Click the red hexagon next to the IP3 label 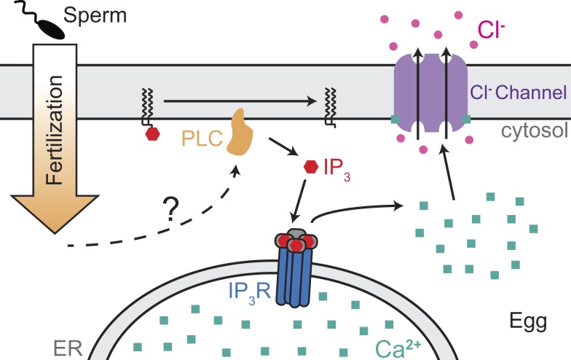pyautogui.click(x=310, y=167)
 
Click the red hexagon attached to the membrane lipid pyautogui.click(x=152, y=134)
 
